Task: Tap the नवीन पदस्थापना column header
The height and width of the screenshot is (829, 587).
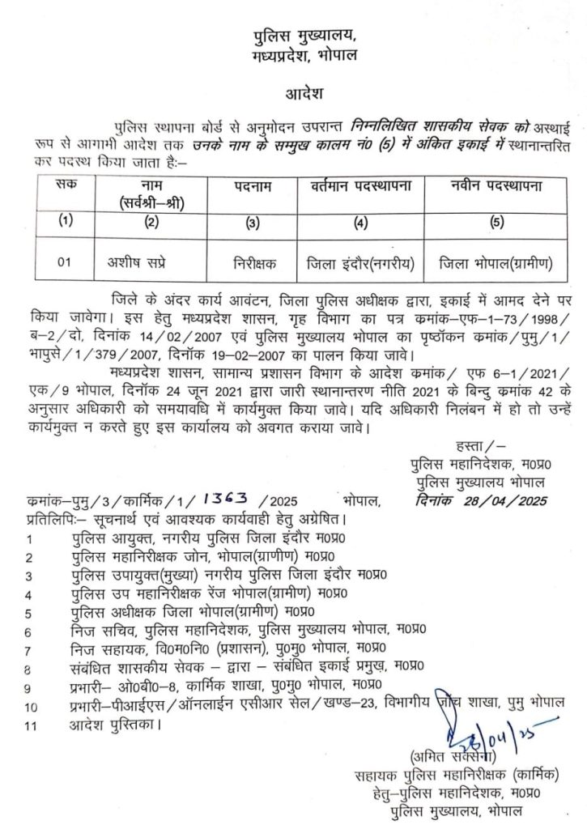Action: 496,187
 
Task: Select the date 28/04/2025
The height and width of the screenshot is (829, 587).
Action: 486,502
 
